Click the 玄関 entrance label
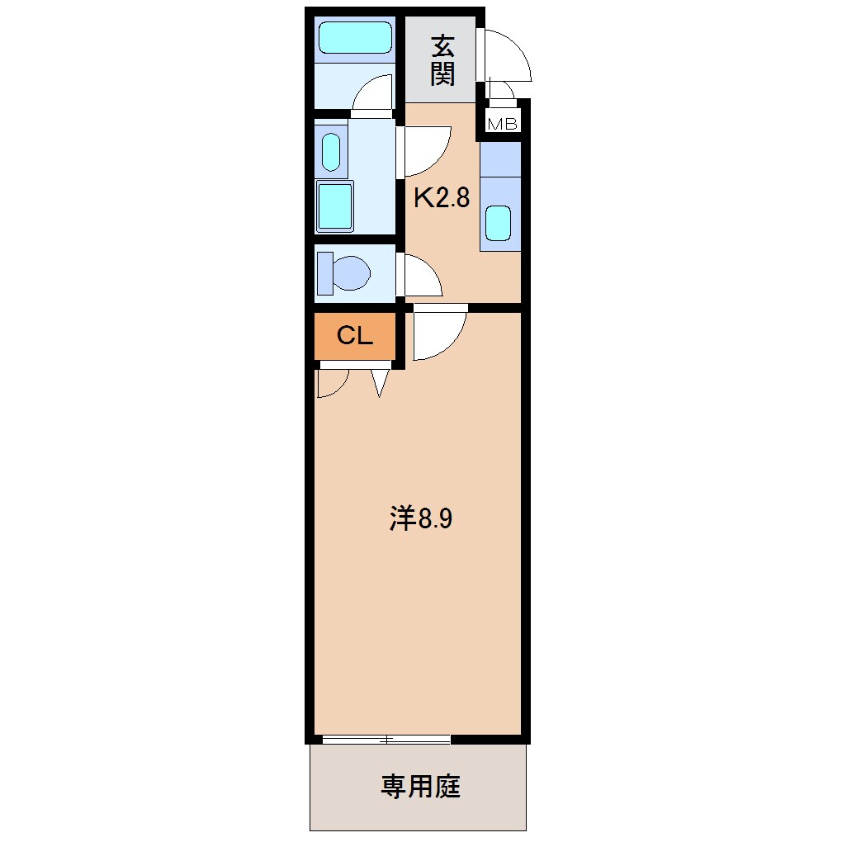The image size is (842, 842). coord(442,60)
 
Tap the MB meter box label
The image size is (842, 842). coord(503,125)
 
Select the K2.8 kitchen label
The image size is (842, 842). coord(442,197)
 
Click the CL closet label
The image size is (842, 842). coord(355,336)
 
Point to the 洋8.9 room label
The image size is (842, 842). coord(421,519)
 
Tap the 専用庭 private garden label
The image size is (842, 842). coord(420,787)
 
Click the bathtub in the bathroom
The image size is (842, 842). coord(355,38)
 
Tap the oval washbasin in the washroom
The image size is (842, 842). coord(330,151)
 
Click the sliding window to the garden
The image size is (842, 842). coord(386,739)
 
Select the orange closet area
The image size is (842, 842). coord(355,336)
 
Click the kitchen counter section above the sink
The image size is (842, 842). coord(500,160)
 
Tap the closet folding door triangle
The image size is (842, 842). coord(379,382)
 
